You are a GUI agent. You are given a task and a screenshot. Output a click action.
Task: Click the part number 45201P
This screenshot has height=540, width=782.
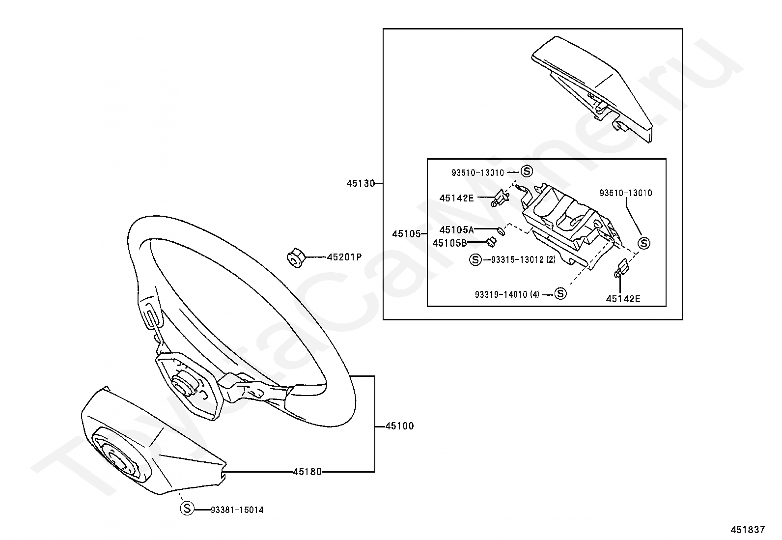(x=344, y=257)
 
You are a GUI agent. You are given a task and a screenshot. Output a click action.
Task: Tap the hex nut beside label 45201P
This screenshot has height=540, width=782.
(x=296, y=258)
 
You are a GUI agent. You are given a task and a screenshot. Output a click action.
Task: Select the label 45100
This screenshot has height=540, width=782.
(x=399, y=426)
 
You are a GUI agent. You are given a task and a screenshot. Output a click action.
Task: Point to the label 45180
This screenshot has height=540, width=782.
(x=307, y=472)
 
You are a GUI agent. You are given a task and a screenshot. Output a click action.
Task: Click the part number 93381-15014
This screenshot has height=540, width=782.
(x=237, y=510)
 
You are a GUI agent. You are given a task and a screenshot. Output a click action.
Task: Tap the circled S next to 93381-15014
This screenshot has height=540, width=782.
(x=187, y=508)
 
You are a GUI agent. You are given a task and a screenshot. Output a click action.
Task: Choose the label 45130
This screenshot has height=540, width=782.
(x=361, y=183)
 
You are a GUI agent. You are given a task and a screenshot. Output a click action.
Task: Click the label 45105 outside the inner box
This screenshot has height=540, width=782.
(x=406, y=234)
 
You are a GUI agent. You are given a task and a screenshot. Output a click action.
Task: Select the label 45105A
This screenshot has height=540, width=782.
(x=457, y=230)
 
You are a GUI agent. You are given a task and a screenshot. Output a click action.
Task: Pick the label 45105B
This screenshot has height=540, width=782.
(x=449, y=243)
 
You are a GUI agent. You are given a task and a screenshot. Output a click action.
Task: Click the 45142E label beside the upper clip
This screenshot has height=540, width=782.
(x=457, y=198)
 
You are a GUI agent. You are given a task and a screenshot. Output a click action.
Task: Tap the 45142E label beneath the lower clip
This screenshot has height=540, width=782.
(x=623, y=299)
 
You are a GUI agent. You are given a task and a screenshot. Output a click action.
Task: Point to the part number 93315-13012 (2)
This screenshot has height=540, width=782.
(x=523, y=259)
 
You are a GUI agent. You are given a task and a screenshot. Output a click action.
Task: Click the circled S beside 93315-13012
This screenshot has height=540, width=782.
(x=475, y=259)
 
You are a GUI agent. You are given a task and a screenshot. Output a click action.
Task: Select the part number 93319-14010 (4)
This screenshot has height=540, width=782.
(x=507, y=294)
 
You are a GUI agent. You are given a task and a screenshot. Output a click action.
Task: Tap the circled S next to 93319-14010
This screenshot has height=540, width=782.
(x=560, y=293)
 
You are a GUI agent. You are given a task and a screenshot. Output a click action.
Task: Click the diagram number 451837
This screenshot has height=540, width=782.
(x=748, y=530)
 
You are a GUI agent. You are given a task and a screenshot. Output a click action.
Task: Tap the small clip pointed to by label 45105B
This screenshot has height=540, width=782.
(x=492, y=241)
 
